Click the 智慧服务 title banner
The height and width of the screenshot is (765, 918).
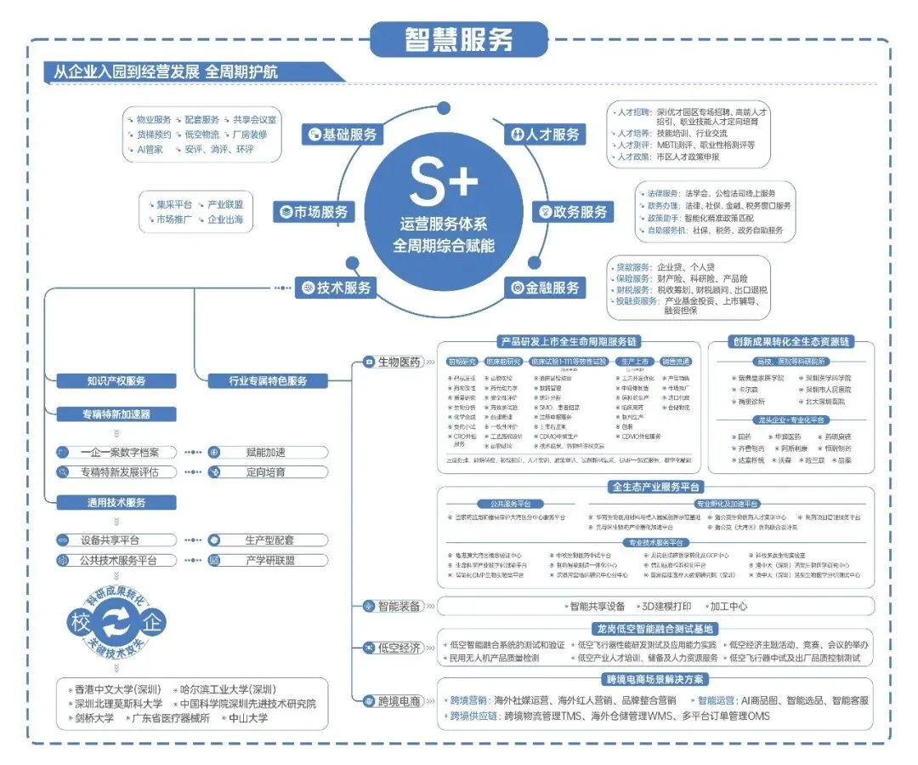pos(458,39)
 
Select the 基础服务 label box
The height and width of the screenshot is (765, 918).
pos(342,134)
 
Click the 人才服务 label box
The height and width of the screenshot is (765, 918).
pos(546,134)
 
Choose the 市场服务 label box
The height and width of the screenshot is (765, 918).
pos(314,212)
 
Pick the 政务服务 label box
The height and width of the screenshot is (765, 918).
pos(573,212)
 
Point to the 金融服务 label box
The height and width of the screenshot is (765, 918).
pos(546,288)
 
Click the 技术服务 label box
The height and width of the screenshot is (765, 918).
pos(337,288)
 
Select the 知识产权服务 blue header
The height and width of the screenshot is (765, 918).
pos(116,381)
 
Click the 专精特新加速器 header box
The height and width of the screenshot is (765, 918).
pos(116,414)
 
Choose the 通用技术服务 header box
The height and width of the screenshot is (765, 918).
pos(116,502)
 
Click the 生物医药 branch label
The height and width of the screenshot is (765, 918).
pos(393,362)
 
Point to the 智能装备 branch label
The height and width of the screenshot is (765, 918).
pos(392,606)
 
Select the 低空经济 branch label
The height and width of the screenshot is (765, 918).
pos(392,648)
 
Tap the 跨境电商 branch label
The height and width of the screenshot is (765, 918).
pos(392,701)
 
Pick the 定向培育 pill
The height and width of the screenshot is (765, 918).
pos(269,472)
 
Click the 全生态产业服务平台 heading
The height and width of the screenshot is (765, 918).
pos(655,487)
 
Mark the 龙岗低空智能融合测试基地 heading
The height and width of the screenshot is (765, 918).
pos(655,629)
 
